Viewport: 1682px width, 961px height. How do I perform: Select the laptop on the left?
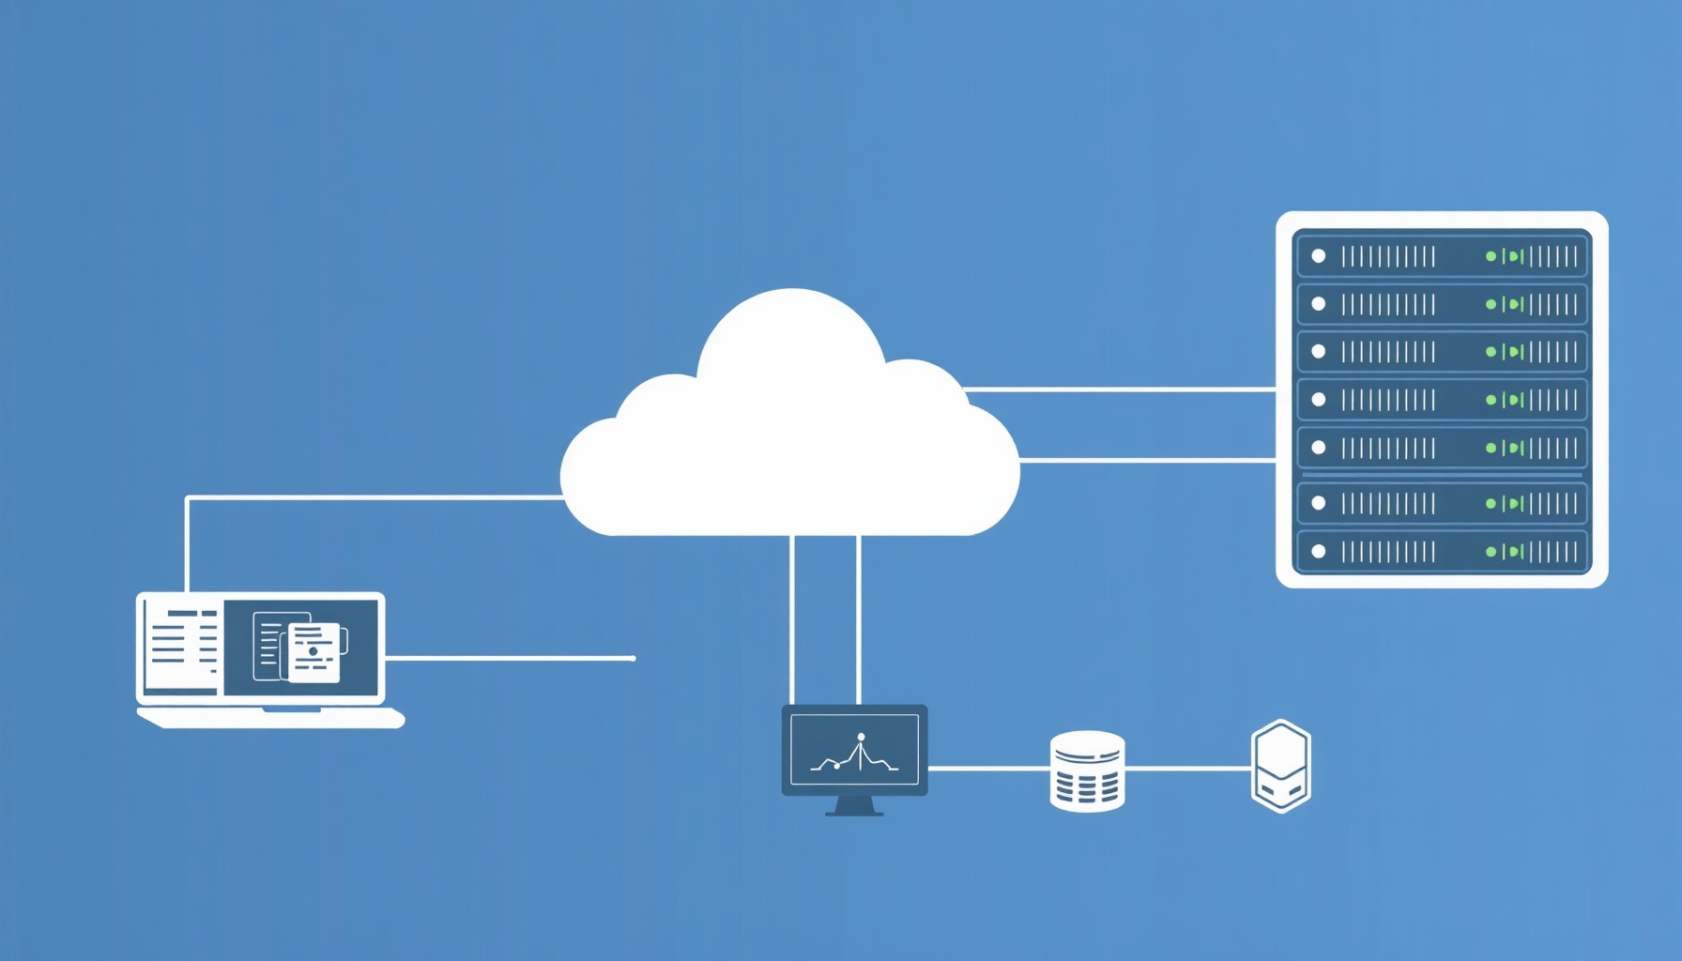point(263,657)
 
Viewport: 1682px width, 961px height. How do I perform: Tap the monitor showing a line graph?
point(854,751)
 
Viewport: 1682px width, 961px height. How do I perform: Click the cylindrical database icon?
point(1087,770)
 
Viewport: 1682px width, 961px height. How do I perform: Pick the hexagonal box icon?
point(1280,766)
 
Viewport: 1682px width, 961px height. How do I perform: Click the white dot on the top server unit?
point(1319,256)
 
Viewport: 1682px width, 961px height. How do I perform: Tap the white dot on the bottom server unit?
point(1319,552)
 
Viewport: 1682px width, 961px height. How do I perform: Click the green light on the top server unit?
point(1491,256)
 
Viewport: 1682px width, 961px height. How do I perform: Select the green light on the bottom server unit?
point(1491,552)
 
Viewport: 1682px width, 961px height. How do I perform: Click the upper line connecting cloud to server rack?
point(1117,389)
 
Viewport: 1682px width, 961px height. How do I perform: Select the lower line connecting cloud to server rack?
point(1145,460)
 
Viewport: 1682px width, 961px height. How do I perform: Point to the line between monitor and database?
point(987,768)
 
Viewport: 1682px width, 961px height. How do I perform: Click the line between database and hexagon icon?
point(1187,768)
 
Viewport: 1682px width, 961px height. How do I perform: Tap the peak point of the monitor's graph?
point(861,738)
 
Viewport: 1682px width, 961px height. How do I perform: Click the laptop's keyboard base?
point(270,718)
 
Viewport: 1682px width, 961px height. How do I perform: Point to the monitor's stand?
point(854,806)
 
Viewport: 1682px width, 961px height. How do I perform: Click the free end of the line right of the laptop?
point(634,658)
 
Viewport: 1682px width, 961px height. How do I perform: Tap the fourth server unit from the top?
point(1441,400)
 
